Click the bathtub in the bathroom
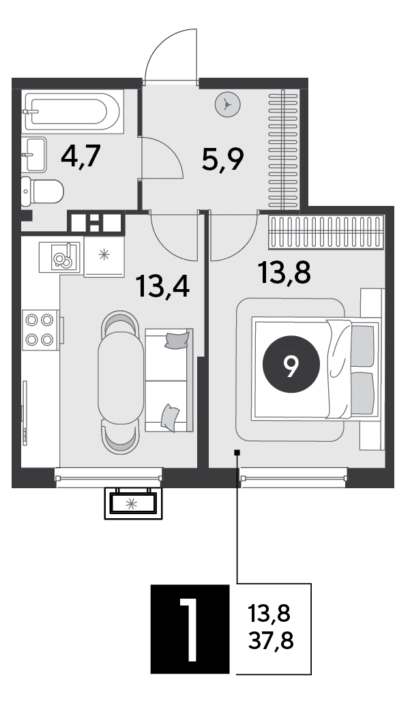72,112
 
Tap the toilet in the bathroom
42,192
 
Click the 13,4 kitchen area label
164,286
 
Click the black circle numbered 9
291,364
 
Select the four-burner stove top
41,329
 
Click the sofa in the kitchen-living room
169,380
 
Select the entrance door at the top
171,56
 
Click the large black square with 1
190,629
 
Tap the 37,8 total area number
271,641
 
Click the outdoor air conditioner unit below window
133,503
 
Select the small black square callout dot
237,452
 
